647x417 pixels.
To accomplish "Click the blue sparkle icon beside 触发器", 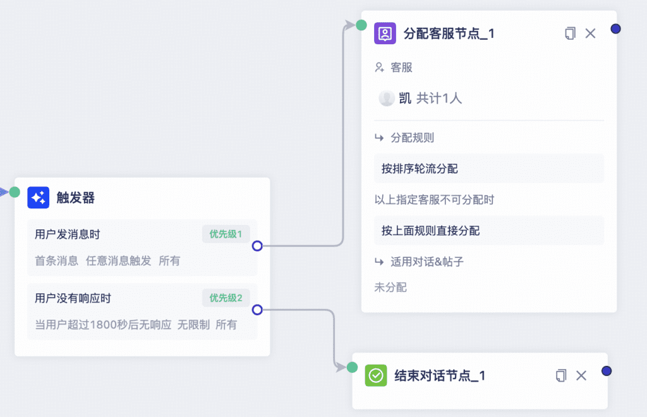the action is click(x=39, y=198).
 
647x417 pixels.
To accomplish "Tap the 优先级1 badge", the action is click(x=226, y=234).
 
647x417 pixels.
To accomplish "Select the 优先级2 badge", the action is click(x=226, y=298).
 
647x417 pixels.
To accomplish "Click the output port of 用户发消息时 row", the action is click(x=257, y=246).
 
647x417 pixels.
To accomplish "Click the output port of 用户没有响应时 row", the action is click(x=257, y=310).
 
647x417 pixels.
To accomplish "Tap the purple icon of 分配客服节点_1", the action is click(x=385, y=33).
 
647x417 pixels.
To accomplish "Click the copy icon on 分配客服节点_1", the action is click(x=570, y=33).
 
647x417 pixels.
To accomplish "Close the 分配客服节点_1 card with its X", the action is click(x=591, y=33).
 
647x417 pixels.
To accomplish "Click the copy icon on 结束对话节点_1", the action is click(x=561, y=375).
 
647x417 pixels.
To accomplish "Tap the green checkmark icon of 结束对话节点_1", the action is click(x=376, y=375).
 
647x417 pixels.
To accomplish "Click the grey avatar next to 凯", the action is click(x=387, y=98).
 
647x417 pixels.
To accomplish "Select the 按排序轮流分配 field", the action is click(x=489, y=168).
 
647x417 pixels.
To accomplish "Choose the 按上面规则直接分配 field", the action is click(x=489, y=231).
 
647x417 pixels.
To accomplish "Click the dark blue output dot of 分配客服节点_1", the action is click(x=615, y=29).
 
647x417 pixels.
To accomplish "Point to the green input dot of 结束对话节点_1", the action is click(x=352, y=367).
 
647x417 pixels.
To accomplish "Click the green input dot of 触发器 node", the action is click(x=15, y=192).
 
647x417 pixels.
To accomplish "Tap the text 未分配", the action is click(x=390, y=287).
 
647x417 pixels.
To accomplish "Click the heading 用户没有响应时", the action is click(x=73, y=298).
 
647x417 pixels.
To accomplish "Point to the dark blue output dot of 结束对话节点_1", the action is click(x=607, y=371).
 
